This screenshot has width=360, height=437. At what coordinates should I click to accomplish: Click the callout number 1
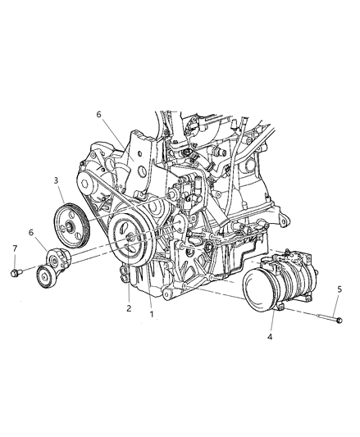[x=151, y=313]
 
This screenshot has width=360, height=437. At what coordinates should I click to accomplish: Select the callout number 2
[x=128, y=308]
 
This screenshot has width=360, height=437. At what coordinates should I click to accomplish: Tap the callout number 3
[x=55, y=179]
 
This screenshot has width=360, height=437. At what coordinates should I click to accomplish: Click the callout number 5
[x=340, y=289]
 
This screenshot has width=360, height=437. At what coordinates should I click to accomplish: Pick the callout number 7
[x=14, y=248]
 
